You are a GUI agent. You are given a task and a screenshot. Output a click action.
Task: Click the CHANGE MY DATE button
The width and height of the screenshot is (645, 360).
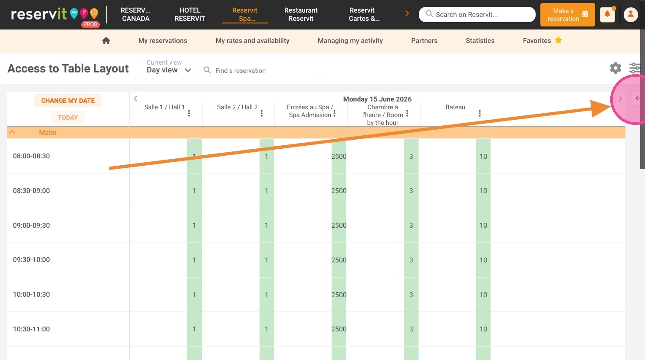pos(68,101)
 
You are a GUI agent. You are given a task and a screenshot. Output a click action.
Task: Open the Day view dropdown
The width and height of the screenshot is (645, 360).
pos(169,70)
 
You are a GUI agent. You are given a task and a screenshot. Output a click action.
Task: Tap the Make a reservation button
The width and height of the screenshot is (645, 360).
pos(567,15)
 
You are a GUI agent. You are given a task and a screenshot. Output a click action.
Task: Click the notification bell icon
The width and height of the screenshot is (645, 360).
pos(607,14)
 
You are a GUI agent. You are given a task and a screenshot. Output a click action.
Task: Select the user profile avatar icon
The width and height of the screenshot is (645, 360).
pos(631,14)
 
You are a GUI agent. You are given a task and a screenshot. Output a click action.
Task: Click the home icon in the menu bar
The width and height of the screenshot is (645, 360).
pos(106,41)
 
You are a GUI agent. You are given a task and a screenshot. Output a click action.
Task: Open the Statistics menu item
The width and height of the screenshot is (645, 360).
pos(480,41)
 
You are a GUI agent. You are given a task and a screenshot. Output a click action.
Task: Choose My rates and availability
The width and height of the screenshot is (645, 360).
pos(252,41)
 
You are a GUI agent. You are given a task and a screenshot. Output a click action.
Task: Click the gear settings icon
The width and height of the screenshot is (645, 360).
pos(615,68)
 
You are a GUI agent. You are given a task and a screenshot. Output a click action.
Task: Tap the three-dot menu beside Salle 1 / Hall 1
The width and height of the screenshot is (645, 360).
pos(189,113)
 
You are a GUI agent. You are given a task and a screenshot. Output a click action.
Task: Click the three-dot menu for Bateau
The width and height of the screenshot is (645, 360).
pos(480,113)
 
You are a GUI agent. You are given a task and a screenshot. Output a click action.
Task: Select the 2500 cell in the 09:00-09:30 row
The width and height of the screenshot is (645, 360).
pos(339,225)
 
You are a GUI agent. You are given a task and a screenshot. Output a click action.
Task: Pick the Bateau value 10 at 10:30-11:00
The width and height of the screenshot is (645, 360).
pos(483,329)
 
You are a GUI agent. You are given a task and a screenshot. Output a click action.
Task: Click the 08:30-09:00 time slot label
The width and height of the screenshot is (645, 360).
pos(31,190)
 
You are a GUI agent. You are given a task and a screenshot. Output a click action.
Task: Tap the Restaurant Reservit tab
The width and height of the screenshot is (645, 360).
pos(301,14)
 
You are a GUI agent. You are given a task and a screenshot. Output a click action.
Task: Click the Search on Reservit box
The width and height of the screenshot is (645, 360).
pos(477,14)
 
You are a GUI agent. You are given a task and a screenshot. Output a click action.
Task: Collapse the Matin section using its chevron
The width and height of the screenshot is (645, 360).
pos(12,132)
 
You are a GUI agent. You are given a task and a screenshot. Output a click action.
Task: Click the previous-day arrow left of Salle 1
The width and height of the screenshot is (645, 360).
pos(135,99)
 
